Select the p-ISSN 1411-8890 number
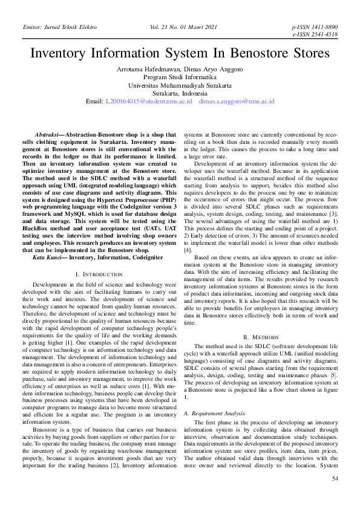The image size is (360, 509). tap(315, 28)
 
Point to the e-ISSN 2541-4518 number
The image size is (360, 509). tap(315, 35)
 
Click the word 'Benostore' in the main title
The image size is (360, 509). tap(262, 53)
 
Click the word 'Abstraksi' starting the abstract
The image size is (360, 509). tap(47, 135)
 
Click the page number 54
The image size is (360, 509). tap(335, 496)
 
